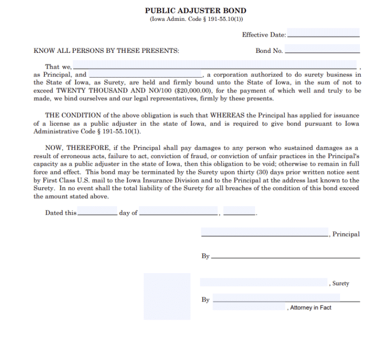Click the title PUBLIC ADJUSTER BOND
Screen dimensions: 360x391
coord(195,11)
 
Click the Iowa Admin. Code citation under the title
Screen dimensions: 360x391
coord(195,19)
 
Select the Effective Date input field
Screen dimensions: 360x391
coord(323,34)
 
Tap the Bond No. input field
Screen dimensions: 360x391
coord(323,49)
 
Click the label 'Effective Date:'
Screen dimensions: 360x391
coord(264,35)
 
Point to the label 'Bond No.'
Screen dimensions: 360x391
coord(269,51)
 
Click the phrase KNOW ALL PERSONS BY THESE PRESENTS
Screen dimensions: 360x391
coord(106,51)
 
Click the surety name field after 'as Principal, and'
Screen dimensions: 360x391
coord(146,74)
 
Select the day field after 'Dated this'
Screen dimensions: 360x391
coord(97,211)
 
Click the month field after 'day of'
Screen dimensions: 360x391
coord(179,211)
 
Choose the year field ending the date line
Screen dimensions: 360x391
coord(239,211)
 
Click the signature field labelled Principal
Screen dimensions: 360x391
coord(265,232)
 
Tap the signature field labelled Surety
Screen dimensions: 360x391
coord(264,282)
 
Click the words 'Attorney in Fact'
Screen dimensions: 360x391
coord(311,308)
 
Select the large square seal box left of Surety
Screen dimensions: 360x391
coord(167,296)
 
